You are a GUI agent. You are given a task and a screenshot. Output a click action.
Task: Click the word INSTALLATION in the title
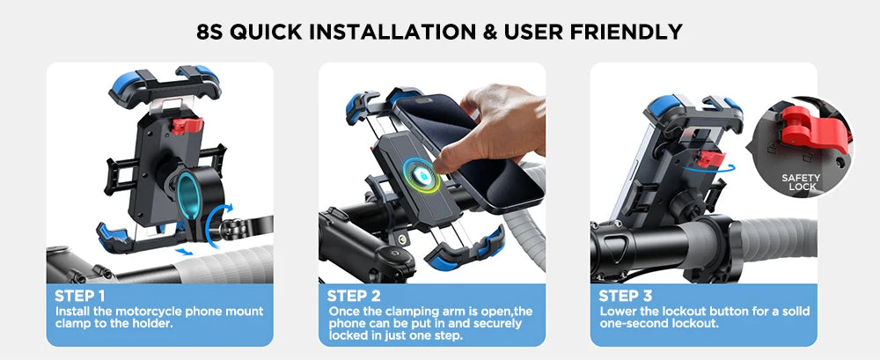[x=367, y=33]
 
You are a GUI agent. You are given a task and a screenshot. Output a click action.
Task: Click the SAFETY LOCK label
[x=801, y=182]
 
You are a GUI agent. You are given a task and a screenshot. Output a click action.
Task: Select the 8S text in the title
[x=214, y=33]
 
